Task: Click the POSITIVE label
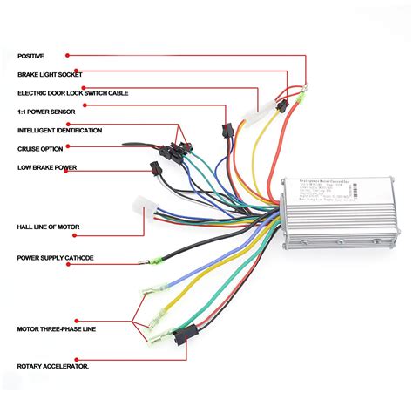[30, 55]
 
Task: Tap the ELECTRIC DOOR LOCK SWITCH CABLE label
[71, 92]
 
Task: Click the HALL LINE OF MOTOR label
[48, 227]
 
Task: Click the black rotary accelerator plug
[184, 335]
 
